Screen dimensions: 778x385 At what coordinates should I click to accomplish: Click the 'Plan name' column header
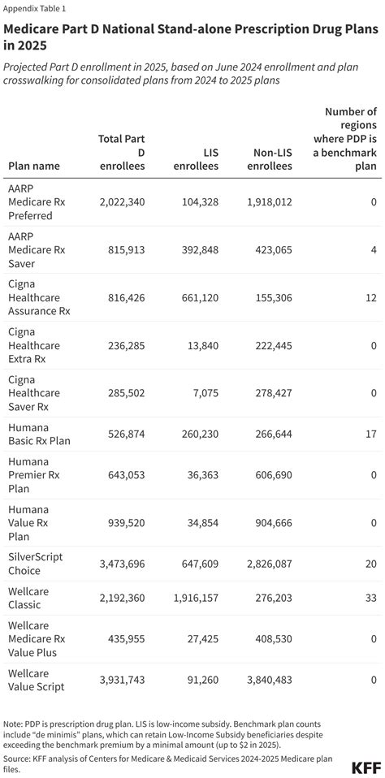coord(33,166)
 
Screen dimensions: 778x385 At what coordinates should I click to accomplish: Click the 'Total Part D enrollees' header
coord(121,152)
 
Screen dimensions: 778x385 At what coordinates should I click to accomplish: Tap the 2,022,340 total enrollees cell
coord(121,201)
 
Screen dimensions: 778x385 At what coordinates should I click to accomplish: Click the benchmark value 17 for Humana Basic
coord(370,434)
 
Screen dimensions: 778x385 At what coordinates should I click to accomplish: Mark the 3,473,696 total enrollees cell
coord(121,563)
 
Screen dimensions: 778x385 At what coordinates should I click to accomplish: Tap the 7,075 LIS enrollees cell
coord(203,393)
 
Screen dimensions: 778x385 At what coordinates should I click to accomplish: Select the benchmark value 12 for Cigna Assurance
coord(370,298)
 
